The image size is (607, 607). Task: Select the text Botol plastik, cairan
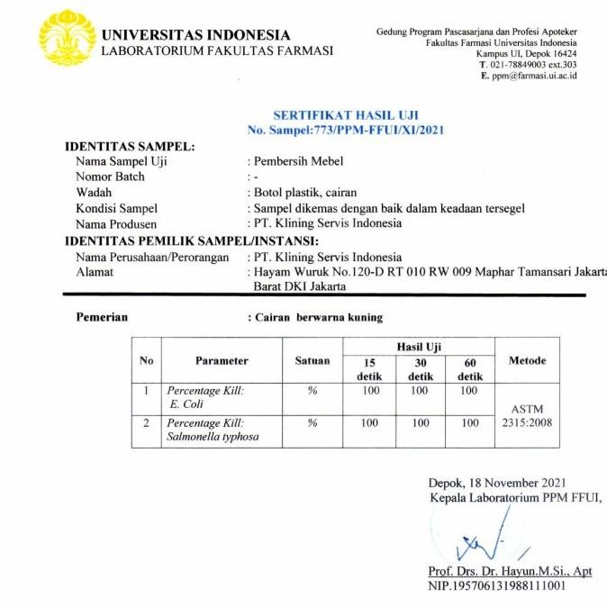(305, 193)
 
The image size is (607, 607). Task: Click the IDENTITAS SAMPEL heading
(131, 147)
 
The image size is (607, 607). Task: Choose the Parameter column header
(222, 360)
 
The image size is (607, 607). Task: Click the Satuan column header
(313, 360)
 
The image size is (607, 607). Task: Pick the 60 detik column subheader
(470, 369)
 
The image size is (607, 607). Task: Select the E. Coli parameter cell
(222, 398)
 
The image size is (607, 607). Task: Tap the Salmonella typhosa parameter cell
(222, 430)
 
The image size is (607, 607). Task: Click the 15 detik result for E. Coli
(370, 391)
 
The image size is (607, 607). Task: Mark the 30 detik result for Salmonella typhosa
(421, 422)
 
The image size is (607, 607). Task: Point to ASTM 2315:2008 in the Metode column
(527, 415)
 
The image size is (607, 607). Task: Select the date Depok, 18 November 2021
(497, 484)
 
